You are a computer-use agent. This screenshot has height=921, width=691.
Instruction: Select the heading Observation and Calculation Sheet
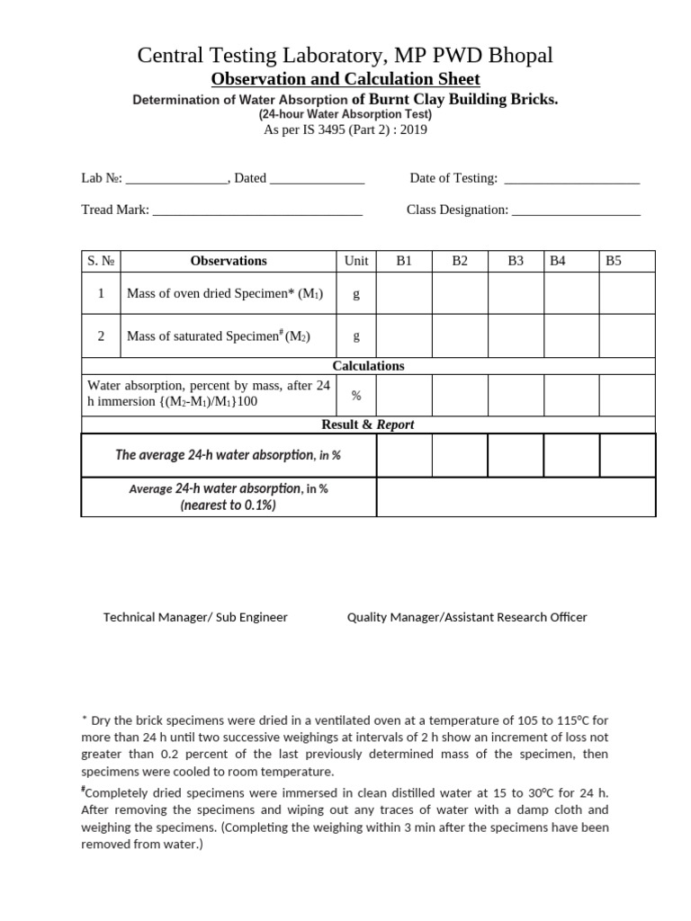[x=345, y=79]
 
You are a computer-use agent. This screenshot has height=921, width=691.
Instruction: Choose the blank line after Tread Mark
[x=257, y=211]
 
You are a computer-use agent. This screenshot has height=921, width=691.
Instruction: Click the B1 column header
[x=404, y=261]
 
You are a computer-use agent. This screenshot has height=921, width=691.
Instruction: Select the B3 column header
[x=516, y=261]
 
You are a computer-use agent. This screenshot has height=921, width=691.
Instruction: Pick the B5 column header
[x=614, y=261]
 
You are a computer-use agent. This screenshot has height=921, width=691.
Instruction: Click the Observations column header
[x=229, y=261]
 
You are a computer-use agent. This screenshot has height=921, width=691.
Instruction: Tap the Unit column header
[x=356, y=261]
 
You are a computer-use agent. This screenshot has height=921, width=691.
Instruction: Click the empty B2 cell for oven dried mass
[x=460, y=293]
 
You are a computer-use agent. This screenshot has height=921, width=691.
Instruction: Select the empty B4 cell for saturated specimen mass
[x=572, y=336]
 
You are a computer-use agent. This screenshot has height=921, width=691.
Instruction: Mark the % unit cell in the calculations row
[x=356, y=395]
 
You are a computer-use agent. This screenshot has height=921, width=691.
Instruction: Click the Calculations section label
[x=368, y=366]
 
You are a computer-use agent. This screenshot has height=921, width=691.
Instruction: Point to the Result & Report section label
[x=368, y=425]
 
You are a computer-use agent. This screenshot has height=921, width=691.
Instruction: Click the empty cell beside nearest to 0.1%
[x=516, y=497]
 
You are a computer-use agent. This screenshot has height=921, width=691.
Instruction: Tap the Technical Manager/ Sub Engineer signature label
[x=195, y=617]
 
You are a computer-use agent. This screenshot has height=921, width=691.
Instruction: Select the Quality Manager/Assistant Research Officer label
[x=467, y=617]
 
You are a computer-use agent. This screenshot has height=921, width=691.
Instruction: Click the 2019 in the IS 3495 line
[x=415, y=130]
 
